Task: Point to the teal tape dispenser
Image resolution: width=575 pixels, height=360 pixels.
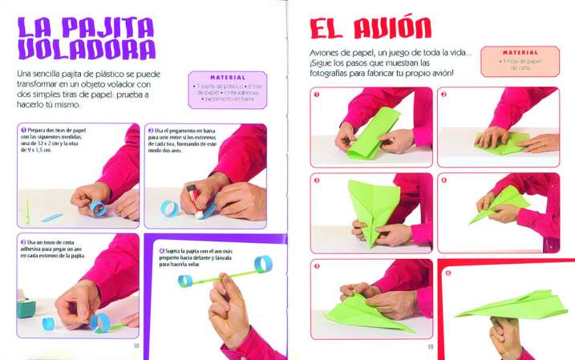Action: click(26, 307)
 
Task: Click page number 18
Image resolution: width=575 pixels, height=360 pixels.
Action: click(137, 346)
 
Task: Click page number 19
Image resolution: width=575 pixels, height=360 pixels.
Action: click(431, 346)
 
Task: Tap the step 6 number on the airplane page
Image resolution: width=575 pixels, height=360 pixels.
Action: click(447, 273)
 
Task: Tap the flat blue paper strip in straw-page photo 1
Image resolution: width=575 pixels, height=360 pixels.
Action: click(51, 216)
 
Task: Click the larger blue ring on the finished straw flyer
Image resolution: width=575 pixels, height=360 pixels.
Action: click(263, 265)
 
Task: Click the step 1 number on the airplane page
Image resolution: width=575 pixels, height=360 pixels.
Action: click(317, 94)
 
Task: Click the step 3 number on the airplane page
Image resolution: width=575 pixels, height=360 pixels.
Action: click(317, 180)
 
